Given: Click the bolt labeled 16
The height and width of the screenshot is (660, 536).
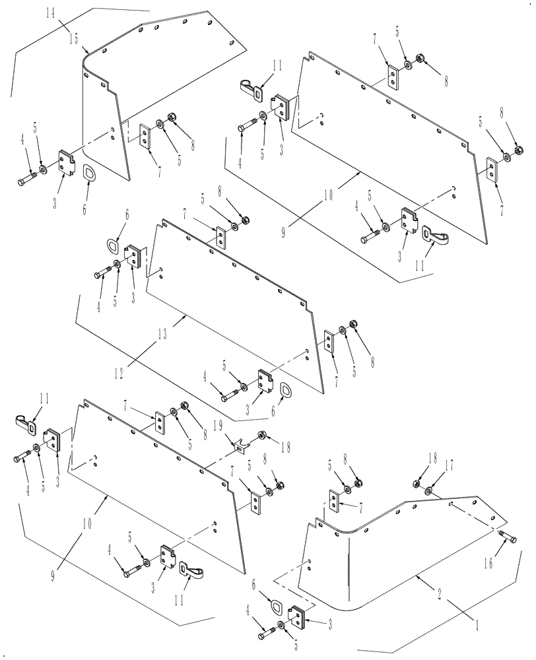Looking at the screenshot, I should (x=507, y=537).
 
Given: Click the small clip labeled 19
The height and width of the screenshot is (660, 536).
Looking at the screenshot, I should (x=242, y=445).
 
